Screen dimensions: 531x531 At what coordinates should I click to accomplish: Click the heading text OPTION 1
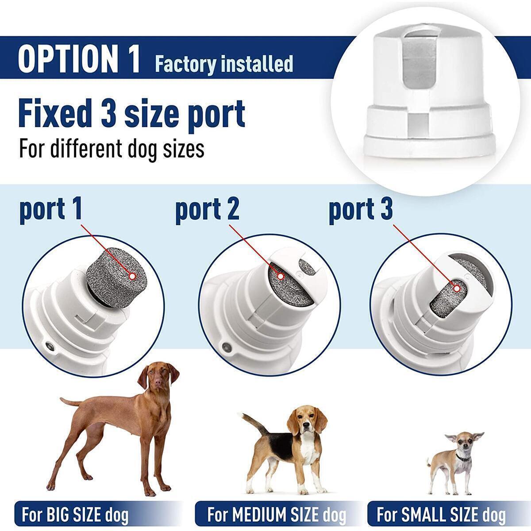click(79, 58)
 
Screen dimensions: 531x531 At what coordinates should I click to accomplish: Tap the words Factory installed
click(224, 64)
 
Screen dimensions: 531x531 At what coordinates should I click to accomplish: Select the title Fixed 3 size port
click(131, 113)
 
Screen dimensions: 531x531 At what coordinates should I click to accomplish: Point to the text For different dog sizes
click(112, 149)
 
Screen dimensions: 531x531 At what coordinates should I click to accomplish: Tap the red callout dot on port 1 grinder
click(132, 276)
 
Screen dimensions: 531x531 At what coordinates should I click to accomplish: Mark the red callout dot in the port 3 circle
click(457, 288)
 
